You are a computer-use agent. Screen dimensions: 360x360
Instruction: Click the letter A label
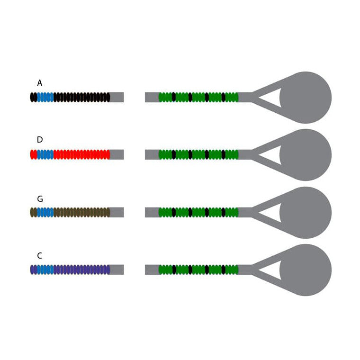click(40, 83)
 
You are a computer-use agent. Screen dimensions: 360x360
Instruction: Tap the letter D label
click(40, 140)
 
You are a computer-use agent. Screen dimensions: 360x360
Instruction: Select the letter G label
click(40, 198)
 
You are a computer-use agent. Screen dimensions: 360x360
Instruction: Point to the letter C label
click(39, 255)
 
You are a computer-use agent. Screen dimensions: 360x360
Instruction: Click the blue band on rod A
click(45, 97)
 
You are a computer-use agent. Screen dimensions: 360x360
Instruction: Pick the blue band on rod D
click(45, 154)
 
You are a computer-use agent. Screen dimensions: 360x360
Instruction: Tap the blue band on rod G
click(45, 212)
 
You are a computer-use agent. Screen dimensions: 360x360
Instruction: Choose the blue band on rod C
click(45, 270)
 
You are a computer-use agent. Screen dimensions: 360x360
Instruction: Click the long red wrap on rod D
click(82, 154)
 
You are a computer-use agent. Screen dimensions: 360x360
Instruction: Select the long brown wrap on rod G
click(82, 212)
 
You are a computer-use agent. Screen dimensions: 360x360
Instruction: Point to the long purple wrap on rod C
click(82, 270)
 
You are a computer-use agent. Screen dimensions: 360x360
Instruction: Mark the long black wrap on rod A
click(82, 97)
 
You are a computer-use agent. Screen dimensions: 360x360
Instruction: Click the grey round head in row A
click(306, 98)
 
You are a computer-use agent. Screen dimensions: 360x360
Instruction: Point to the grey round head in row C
click(306, 270)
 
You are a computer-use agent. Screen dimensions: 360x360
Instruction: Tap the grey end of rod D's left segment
click(117, 154)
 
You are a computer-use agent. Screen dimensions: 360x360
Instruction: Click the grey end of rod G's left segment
click(117, 212)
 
